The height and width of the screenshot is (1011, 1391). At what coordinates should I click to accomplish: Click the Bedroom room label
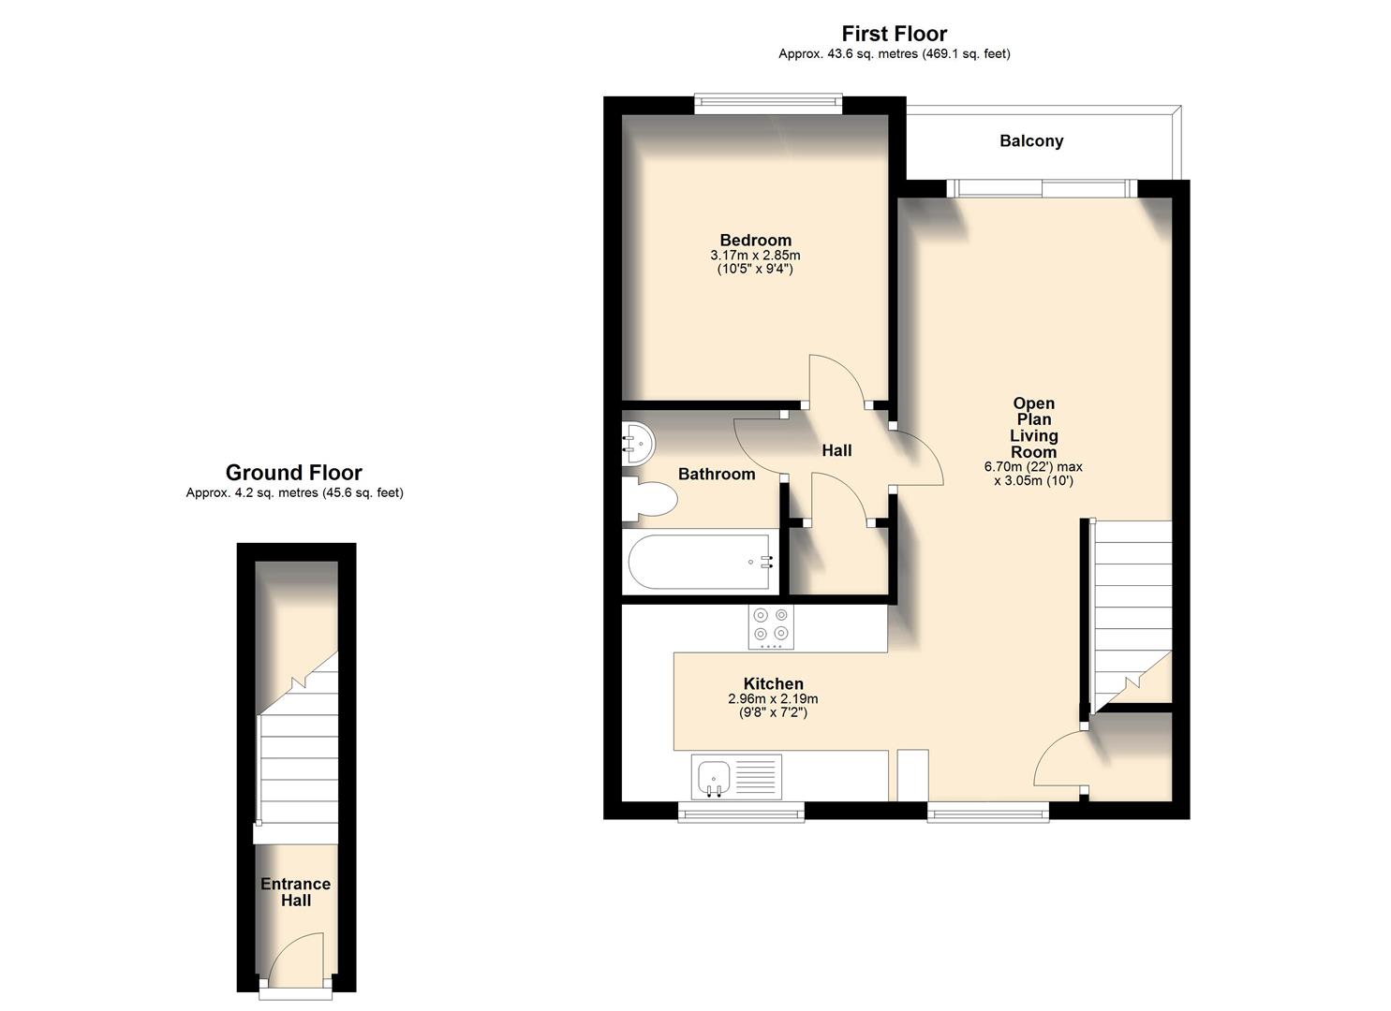click(755, 241)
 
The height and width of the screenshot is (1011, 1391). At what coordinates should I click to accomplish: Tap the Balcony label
click(1030, 141)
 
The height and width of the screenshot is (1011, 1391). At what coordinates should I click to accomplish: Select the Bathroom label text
click(716, 475)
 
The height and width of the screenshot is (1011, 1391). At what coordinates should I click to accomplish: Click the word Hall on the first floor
click(836, 451)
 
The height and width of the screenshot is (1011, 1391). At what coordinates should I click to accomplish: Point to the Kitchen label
click(773, 684)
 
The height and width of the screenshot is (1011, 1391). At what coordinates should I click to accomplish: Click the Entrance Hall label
click(295, 892)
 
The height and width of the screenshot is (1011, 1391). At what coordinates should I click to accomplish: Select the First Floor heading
click(894, 34)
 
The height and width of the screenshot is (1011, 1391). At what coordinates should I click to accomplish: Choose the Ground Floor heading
click(293, 473)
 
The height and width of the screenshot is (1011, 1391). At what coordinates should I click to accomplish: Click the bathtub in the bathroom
click(698, 562)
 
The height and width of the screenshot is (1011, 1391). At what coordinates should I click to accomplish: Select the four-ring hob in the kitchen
click(771, 626)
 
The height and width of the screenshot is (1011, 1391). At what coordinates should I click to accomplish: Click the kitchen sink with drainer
click(736, 777)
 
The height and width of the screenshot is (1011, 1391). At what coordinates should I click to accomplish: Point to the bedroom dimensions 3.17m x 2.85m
click(755, 256)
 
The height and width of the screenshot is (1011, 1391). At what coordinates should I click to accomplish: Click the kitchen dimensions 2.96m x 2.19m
click(773, 699)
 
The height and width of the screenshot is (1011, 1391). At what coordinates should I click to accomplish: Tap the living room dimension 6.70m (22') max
click(1033, 467)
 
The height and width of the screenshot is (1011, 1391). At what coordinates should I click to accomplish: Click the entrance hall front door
click(295, 964)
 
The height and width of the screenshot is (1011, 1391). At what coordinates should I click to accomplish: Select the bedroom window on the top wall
click(768, 104)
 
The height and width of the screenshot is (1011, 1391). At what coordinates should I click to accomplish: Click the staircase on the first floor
click(1132, 608)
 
